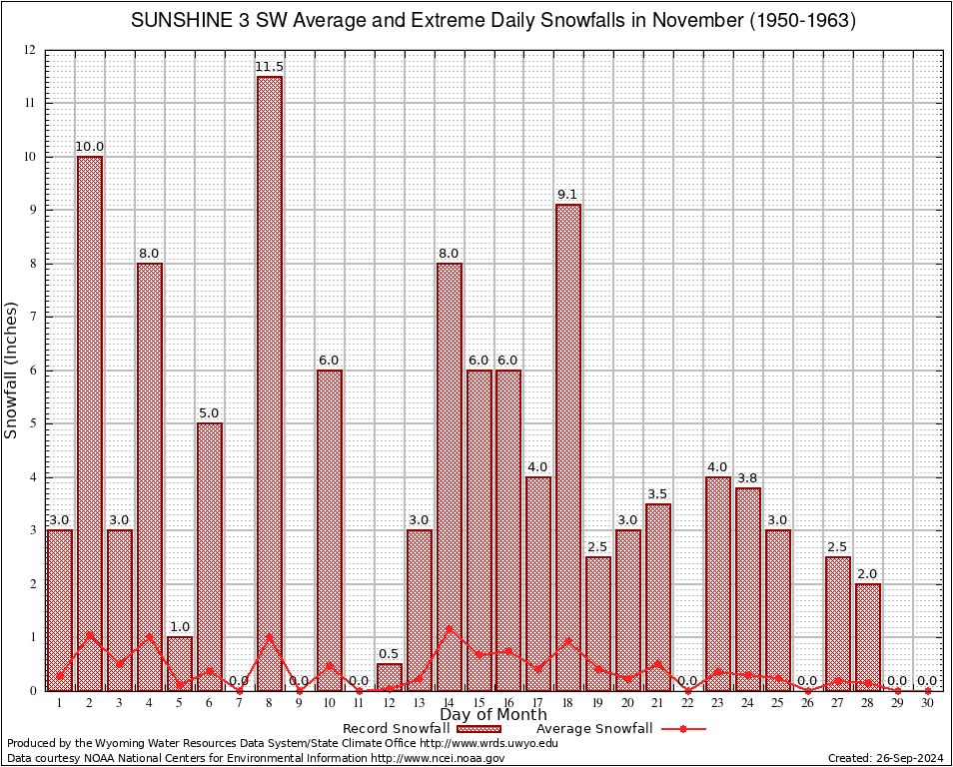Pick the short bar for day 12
(x=390, y=677)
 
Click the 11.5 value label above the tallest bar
(x=270, y=67)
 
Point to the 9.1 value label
(x=568, y=195)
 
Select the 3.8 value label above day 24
(x=748, y=478)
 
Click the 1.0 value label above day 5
(x=180, y=627)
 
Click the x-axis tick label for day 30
(x=927, y=704)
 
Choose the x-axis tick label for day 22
(x=687, y=704)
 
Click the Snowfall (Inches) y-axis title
(x=12, y=370)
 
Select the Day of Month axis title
(x=492, y=715)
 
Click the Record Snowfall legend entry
(x=396, y=728)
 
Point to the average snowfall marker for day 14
(x=449, y=629)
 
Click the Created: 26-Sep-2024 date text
(x=886, y=758)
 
